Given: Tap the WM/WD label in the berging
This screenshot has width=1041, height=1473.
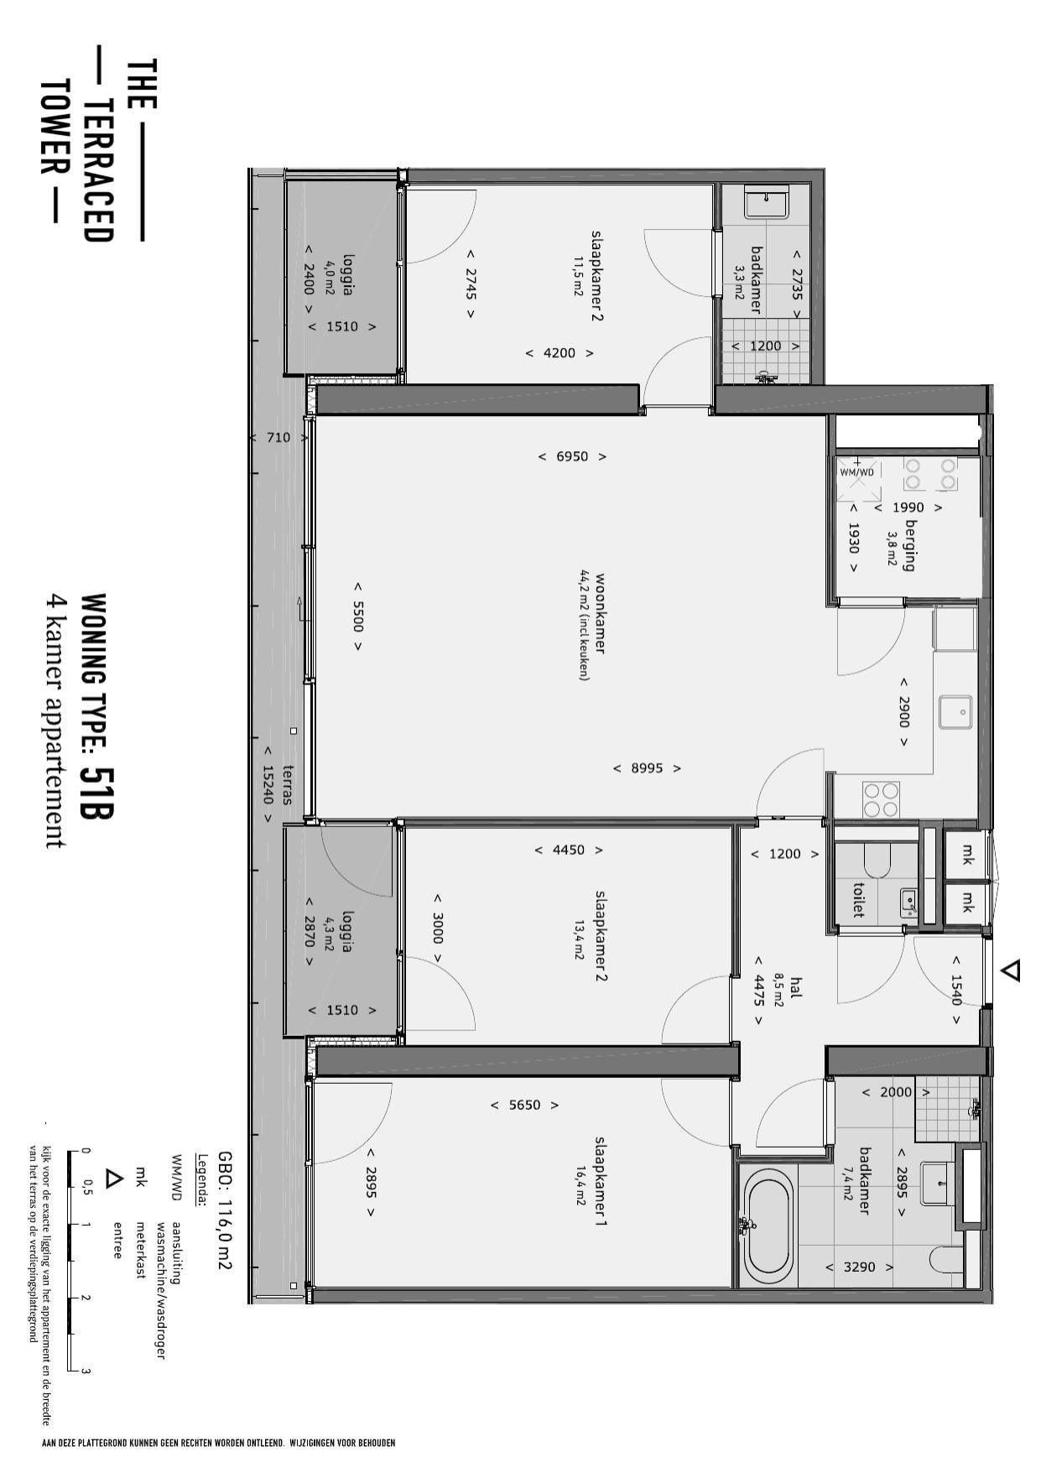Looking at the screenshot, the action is click(x=857, y=472).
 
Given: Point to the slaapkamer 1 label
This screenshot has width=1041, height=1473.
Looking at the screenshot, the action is click(x=600, y=1183).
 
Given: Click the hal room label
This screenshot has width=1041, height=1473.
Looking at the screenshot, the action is click(x=796, y=988).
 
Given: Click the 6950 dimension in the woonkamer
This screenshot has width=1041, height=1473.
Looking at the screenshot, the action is click(x=572, y=456).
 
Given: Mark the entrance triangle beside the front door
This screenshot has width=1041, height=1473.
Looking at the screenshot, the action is click(x=1012, y=971).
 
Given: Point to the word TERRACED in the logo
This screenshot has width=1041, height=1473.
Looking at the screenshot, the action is click(x=97, y=170).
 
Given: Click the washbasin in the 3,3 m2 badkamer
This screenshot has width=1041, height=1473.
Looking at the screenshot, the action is click(x=767, y=202).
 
